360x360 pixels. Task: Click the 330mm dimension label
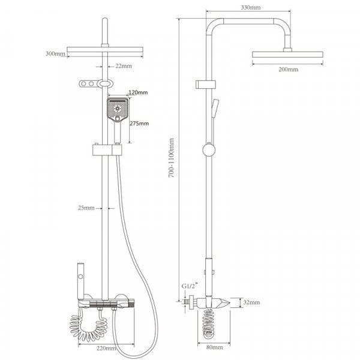click(x=251, y=8)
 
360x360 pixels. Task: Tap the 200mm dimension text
click(x=289, y=70)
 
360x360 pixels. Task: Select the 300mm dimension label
click(x=55, y=54)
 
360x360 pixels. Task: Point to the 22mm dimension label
click(x=124, y=66)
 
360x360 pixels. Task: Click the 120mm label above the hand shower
click(x=138, y=92)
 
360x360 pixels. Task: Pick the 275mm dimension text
click(x=139, y=124)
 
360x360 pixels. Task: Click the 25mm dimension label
click(x=86, y=208)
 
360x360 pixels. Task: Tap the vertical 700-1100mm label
click(x=171, y=158)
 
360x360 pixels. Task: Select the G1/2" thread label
click(x=190, y=286)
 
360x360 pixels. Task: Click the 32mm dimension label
click(x=251, y=302)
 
